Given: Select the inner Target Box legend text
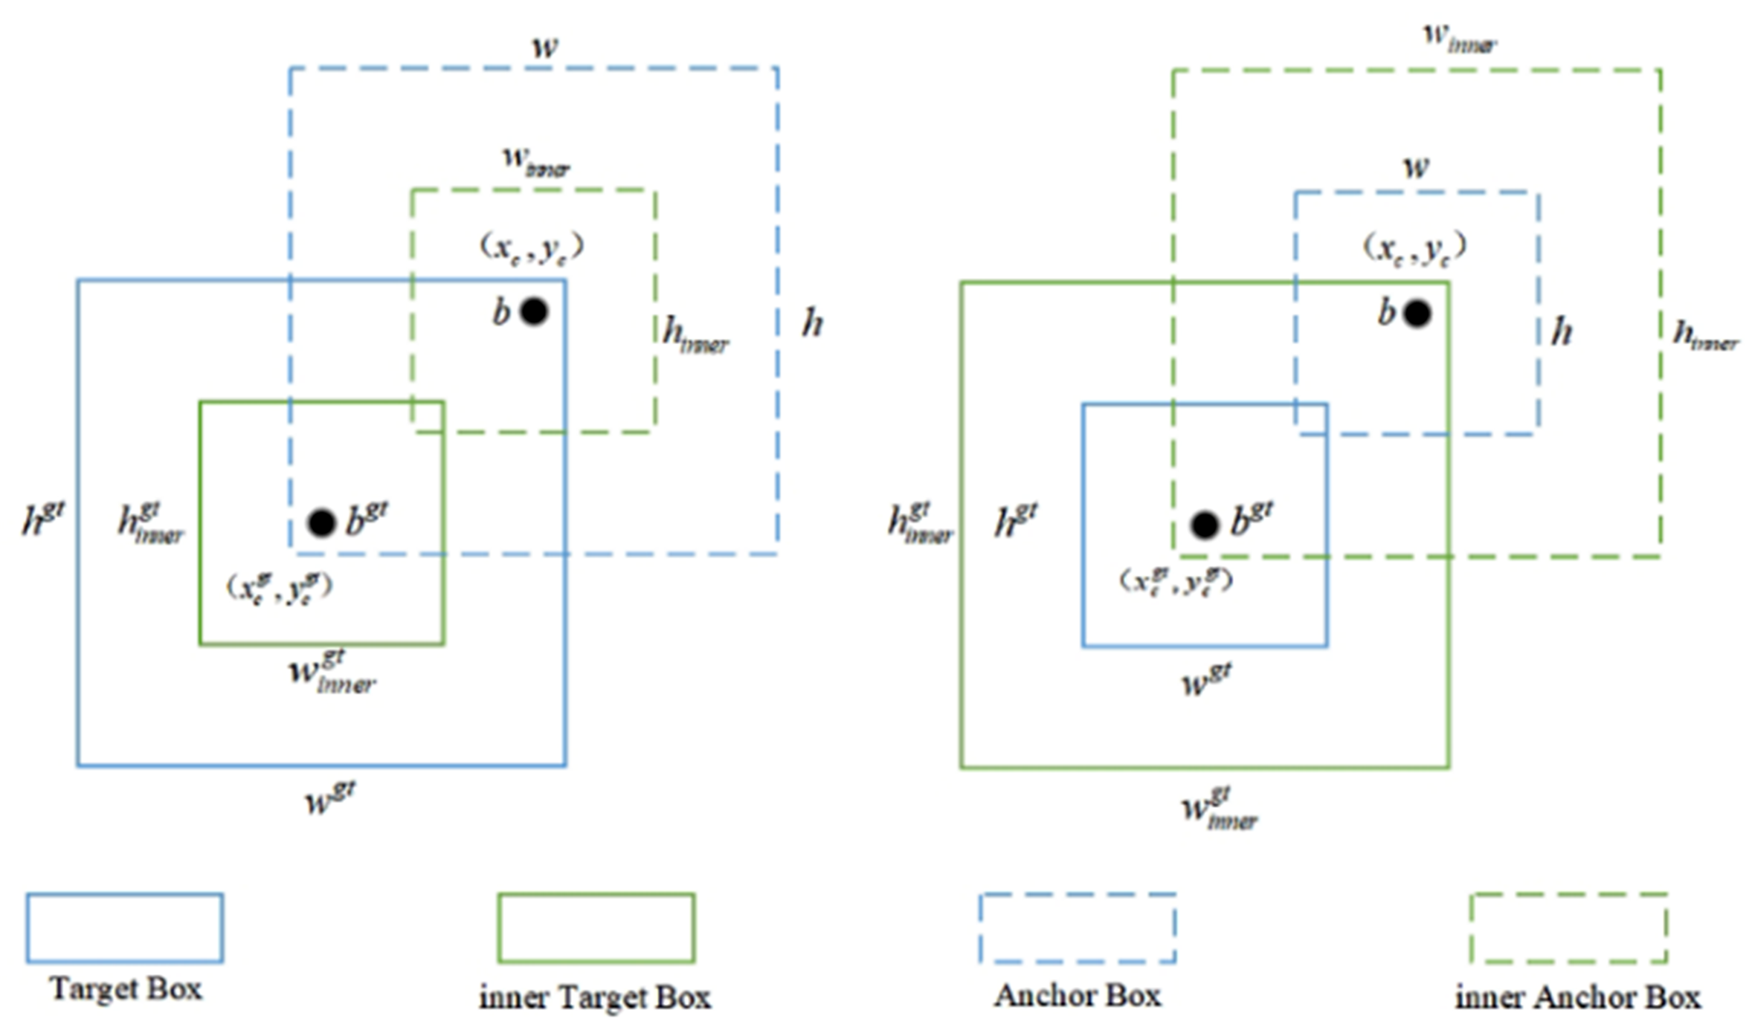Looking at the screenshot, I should (595, 997).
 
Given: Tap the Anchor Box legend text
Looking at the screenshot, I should (1078, 995).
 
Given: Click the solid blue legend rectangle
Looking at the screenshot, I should (125, 928).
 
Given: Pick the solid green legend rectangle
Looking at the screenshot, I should (596, 928).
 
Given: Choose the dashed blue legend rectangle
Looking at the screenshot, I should (1078, 928).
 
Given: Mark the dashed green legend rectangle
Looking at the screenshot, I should (1569, 928).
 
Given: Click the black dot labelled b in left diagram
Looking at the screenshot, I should (534, 311).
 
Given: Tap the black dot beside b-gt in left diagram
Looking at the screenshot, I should (321, 523).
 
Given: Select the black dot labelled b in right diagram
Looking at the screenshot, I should (1417, 314).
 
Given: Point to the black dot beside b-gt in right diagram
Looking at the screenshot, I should (1205, 525).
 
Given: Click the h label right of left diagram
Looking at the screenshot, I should (812, 324).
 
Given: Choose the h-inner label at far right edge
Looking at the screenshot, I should (1705, 336).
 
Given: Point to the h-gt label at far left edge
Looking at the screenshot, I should (43, 517).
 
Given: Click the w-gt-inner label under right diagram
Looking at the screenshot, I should (1220, 809).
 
